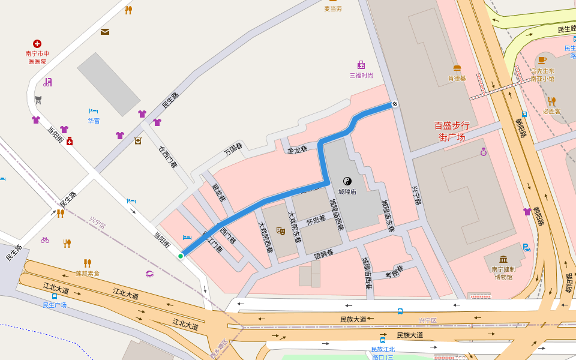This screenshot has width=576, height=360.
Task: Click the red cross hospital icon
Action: tap(37, 44)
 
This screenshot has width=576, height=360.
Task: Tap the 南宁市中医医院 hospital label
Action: tap(37, 57)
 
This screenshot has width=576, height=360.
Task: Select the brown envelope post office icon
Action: tap(105, 32)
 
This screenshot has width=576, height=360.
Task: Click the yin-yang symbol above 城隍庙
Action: tap(347, 181)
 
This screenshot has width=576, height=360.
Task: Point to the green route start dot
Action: tap(181, 256)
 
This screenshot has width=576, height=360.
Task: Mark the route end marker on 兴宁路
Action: tap(395, 104)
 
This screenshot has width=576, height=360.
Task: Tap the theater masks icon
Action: tap(280, 230)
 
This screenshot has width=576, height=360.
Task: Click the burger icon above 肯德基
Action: tap(457, 68)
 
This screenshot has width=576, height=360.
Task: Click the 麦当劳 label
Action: tap(333, 8)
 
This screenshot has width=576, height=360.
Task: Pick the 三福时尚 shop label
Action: tap(361, 75)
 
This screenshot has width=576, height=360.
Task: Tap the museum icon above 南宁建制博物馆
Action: tap(503, 259)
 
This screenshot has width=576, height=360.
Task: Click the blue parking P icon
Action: tap(526, 247)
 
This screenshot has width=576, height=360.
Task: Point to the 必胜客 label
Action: tap(551, 111)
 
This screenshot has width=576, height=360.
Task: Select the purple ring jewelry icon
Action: tap(484, 152)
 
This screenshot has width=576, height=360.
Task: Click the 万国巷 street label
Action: tap(233, 149)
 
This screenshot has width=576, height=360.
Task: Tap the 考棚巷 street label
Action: tap(394, 271)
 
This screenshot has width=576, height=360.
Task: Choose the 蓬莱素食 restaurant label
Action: tap(88, 273)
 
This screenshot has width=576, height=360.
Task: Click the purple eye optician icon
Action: tap(149, 274)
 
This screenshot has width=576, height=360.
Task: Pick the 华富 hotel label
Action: tap(94, 121)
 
